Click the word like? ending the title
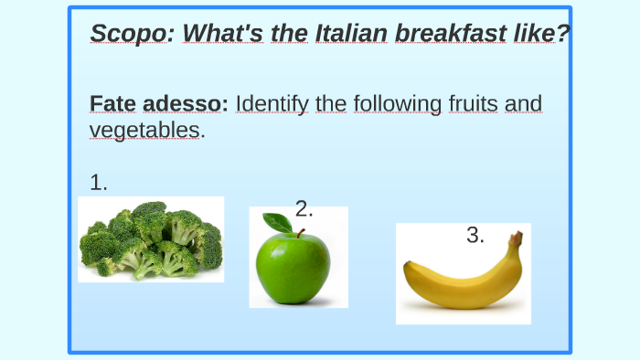[x=538, y=34]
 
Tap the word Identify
[x=272, y=104]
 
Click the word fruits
[x=474, y=103]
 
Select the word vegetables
[x=144, y=131]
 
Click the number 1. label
[x=99, y=183]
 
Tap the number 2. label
[x=304, y=208]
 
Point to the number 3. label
[x=475, y=236]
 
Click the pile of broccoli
[x=151, y=240]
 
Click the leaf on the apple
[x=277, y=222]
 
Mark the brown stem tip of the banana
[x=517, y=238]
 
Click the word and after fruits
[x=524, y=103]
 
